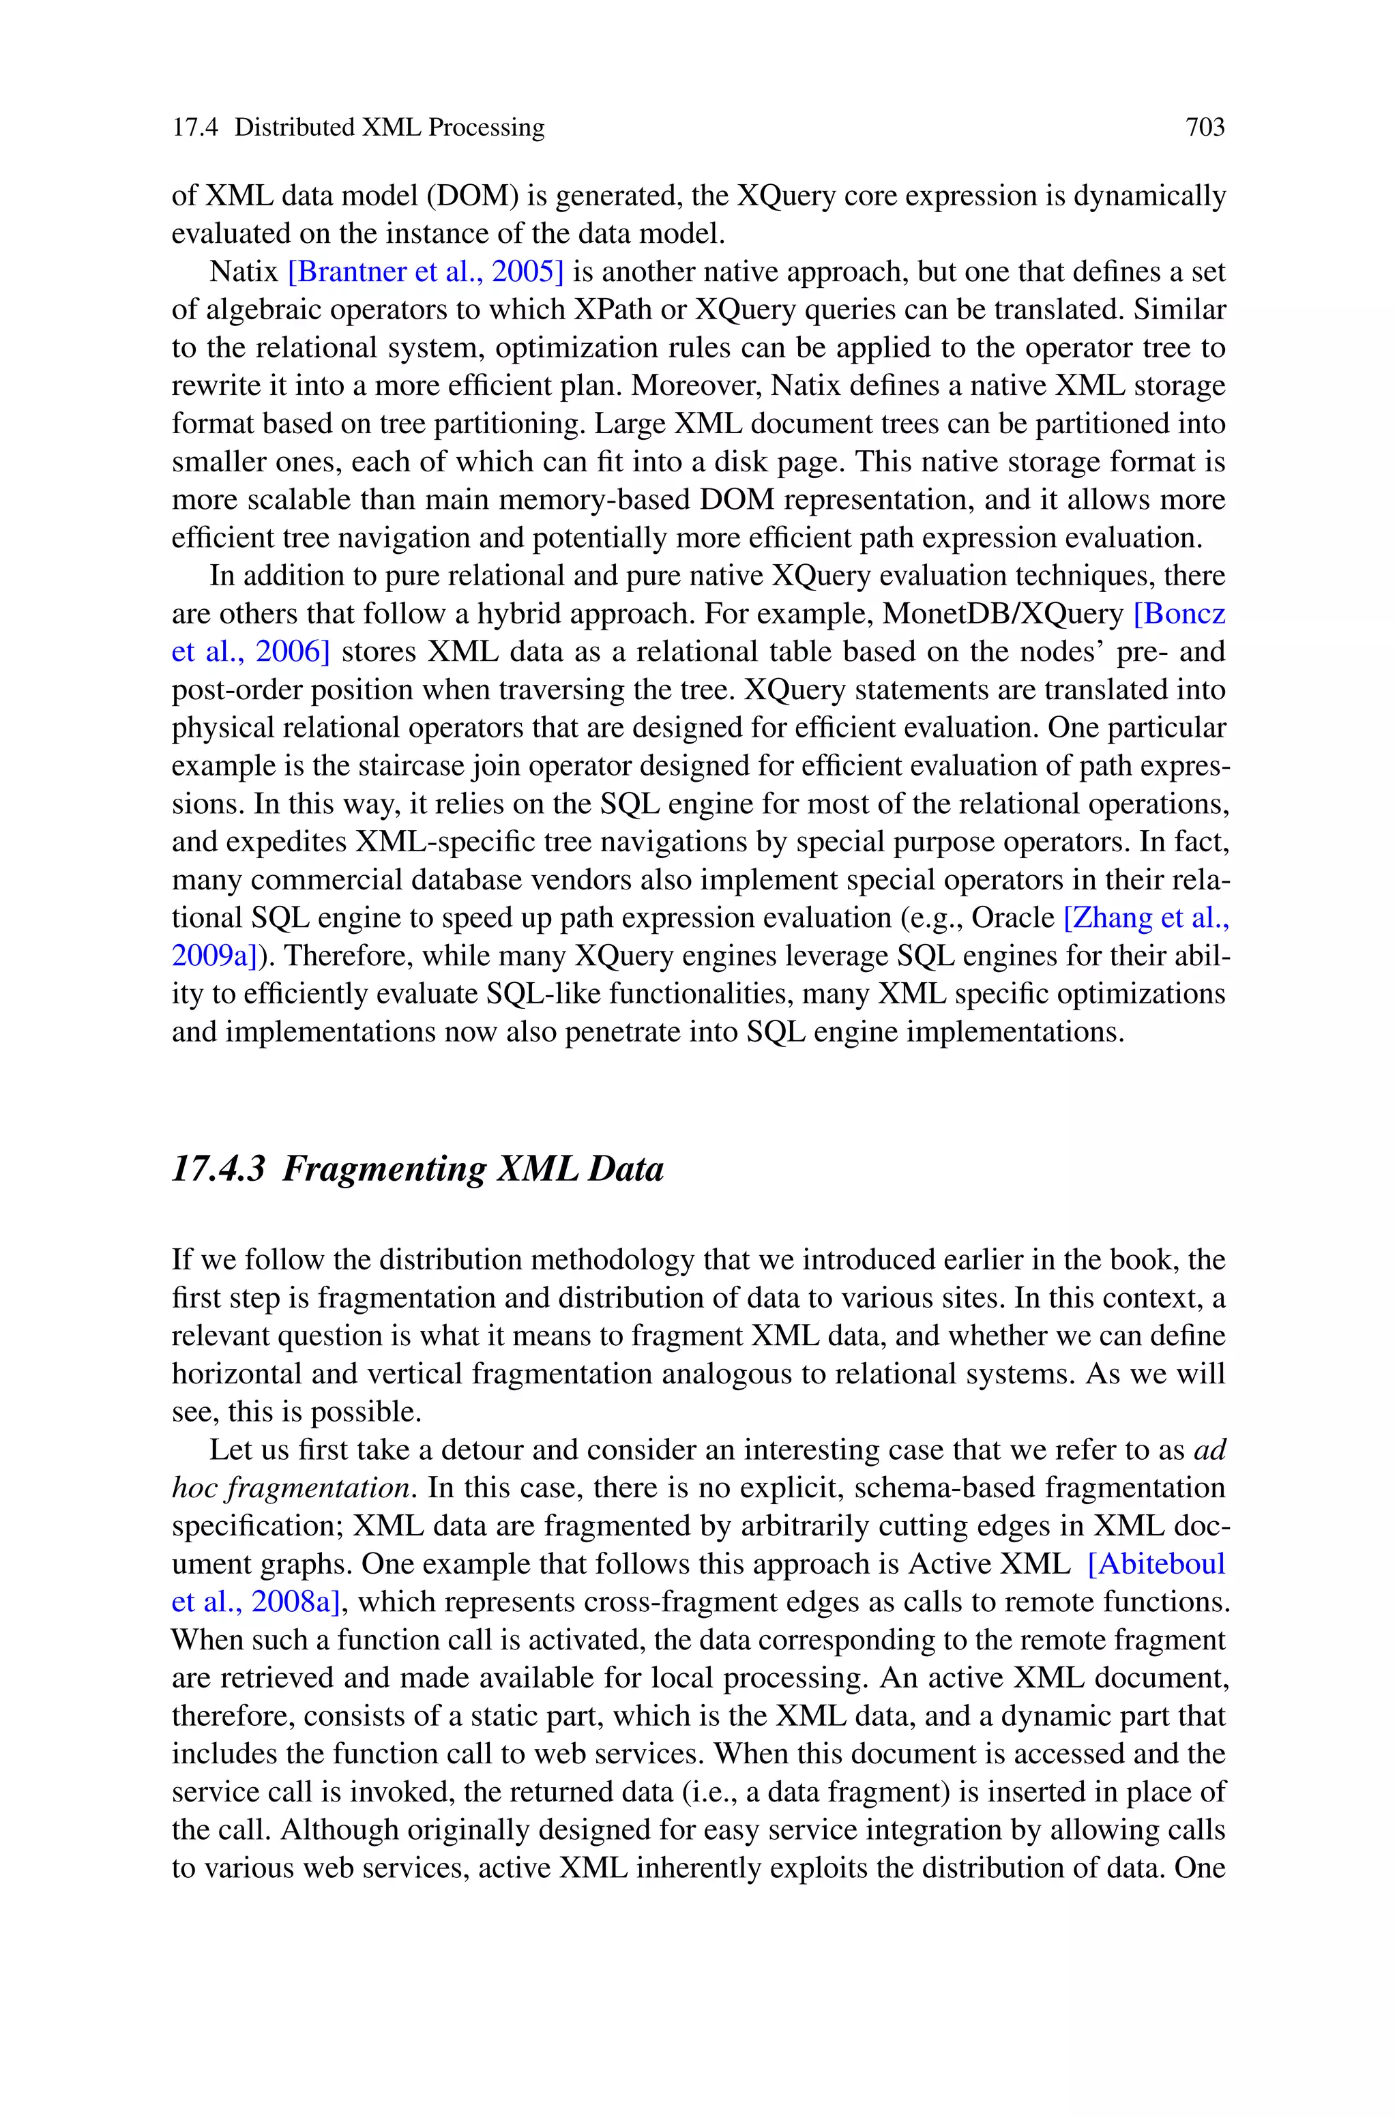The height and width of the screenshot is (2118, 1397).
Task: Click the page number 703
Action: pos(1205,128)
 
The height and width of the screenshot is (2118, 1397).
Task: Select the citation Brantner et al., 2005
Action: pos(426,271)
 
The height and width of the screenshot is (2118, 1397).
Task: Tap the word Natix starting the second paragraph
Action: pos(244,271)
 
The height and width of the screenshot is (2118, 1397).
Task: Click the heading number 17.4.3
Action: pos(218,1168)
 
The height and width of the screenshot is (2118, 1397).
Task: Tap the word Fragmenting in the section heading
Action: pos(383,1168)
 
